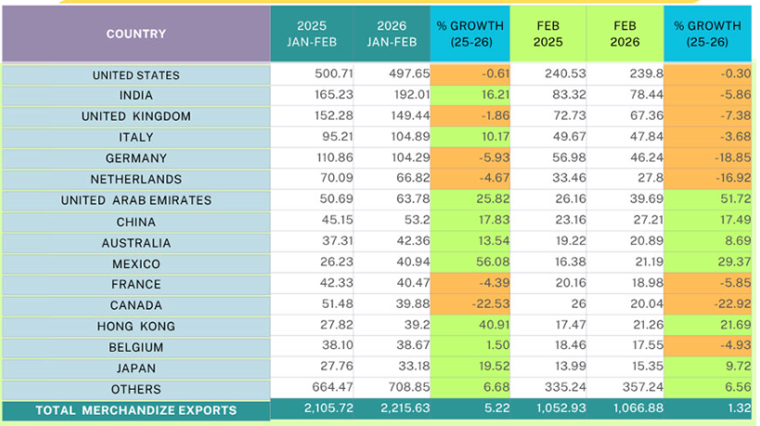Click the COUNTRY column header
(135, 34)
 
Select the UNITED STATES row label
(135, 75)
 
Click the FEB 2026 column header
(625, 34)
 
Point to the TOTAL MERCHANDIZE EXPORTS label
(135, 410)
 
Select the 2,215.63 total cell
(393, 410)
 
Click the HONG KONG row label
(135, 327)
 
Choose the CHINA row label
(135, 222)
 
